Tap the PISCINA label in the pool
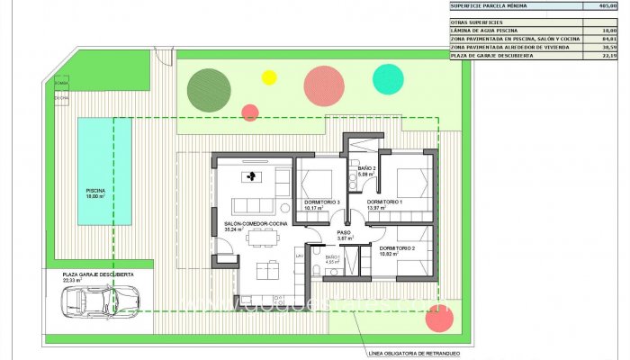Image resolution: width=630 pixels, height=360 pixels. click(x=95, y=192)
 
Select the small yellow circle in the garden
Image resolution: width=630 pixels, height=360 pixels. click(x=268, y=77)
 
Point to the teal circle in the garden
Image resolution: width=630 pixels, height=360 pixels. click(x=387, y=79)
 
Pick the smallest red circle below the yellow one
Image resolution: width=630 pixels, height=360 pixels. click(x=250, y=112)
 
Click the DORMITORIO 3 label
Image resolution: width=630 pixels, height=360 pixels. click(x=322, y=202)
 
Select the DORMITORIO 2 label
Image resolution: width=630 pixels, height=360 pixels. click(x=396, y=247)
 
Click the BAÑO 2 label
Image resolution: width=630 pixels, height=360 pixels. click(x=365, y=169)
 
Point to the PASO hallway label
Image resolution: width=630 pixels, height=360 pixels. click(x=344, y=232)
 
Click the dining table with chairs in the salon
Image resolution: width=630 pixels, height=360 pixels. click(x=262, y=236)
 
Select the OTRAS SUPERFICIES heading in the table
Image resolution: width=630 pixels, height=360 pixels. click(x=477, y=21)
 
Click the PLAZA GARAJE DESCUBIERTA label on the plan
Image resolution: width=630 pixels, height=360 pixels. click(x=98, y=274)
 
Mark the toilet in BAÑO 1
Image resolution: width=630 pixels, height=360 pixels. click(x=320, y=270)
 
